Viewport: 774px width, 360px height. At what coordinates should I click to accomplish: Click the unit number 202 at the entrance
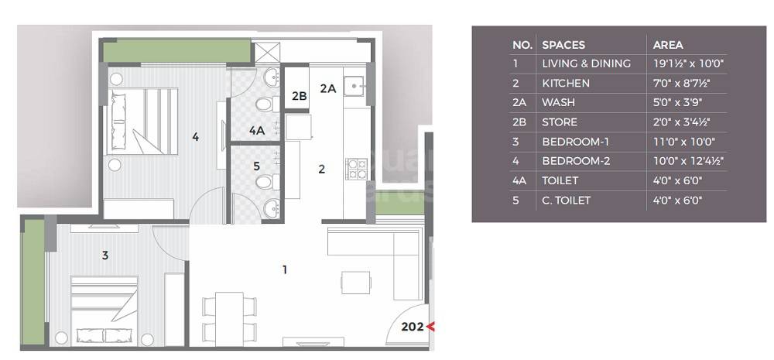point(413,327)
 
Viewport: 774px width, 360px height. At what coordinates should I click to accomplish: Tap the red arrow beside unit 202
point(430,327)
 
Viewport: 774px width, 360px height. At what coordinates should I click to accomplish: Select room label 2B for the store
point(299,97)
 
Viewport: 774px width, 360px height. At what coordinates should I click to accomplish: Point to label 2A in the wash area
point(327,88)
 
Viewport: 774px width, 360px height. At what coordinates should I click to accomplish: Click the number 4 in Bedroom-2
point(196,137)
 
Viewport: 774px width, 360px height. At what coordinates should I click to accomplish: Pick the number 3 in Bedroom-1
point(105,253)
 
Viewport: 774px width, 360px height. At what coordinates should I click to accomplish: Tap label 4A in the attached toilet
point(257,132)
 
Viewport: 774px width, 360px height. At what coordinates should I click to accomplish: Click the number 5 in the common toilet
point(257,165)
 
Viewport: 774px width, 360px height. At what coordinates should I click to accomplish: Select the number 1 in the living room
point(285,269)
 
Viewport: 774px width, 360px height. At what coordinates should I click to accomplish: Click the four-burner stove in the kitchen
point(356,169)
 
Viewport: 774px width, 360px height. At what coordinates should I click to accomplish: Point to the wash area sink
point(354,84)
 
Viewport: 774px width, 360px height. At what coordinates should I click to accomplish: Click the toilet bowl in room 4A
point(265,104)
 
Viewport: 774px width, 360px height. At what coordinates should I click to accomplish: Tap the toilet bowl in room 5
point(265,183)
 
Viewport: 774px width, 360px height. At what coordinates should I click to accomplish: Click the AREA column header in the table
point(668,45)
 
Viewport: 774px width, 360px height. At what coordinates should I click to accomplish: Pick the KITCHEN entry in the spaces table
point(566,83)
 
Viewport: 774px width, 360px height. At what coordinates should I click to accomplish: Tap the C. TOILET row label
point(566,201)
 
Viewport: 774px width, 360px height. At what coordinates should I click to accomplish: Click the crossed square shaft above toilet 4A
point(266,52)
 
